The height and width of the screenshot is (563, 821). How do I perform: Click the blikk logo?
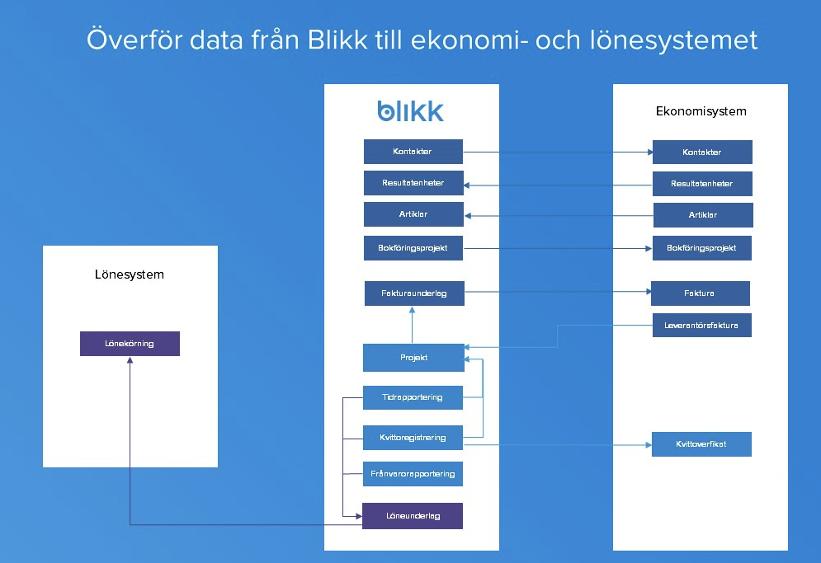410,111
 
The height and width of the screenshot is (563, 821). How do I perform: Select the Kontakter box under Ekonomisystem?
702,152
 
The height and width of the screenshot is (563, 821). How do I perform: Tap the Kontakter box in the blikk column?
413,152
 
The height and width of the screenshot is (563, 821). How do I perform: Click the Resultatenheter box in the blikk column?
413,183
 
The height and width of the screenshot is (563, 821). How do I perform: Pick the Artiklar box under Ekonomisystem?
703,215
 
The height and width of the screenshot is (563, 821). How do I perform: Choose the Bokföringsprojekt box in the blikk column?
413,247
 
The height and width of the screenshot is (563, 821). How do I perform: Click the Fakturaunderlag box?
414,293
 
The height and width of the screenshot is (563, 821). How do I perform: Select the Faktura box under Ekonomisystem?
700,293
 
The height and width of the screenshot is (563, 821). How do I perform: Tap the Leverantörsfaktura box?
701,326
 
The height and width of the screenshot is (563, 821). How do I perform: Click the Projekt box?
413,358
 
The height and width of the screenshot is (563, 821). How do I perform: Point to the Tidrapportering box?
413,397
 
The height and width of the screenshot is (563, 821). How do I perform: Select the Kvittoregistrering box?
413,438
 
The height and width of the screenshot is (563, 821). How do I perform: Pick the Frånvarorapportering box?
413,474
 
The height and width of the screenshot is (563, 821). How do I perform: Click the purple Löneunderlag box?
413,516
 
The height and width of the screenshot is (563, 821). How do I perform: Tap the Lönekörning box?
130,344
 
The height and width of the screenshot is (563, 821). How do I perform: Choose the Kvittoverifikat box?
701,444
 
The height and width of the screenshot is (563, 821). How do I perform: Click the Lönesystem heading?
130,274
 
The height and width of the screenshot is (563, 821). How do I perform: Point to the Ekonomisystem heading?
701,111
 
